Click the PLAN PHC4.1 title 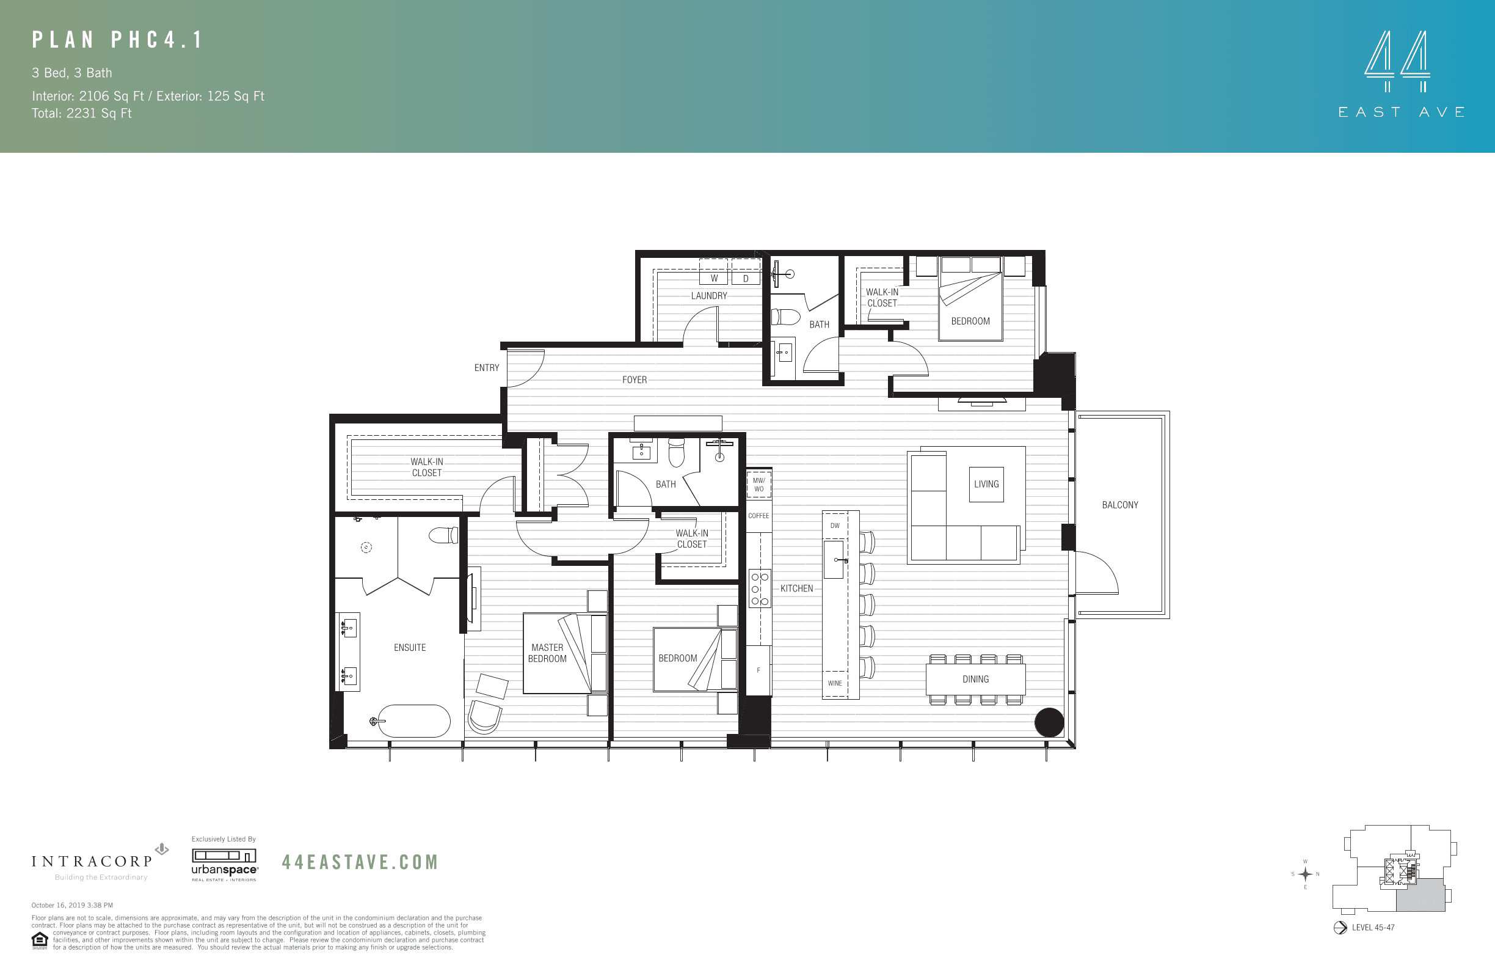pos(118,40)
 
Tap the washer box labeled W pos(713,278)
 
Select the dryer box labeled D pos(746,278)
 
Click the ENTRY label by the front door pos(486,368)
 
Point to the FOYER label pos(634,380)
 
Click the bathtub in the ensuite pos(413,721)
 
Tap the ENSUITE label pos(410,647)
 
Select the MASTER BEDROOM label pos(547,653)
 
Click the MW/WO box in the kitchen pos(759,485)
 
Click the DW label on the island pos(835,526)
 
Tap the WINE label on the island pos(835,683)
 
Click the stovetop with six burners pos(760,588)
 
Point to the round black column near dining pos(1049,722)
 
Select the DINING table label pos(975,679)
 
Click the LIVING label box pos(986,484)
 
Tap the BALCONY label pos(1119,505)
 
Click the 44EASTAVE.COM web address pos(359,862)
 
